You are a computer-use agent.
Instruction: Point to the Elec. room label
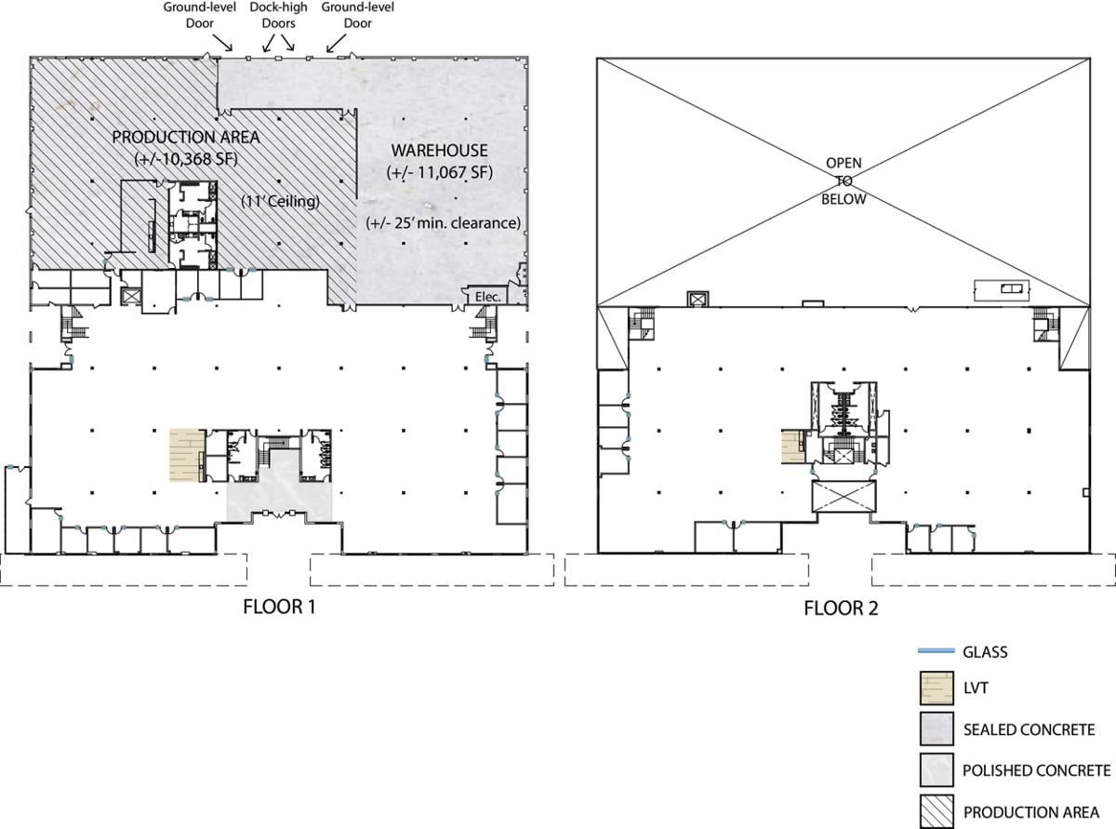pos(487,297)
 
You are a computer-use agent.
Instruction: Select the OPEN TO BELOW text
pos(844,181)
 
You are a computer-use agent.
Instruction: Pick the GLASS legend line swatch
pos(938,651)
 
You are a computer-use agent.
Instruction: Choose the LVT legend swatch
pos(938,690)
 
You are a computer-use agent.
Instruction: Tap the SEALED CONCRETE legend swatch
pos(938,730)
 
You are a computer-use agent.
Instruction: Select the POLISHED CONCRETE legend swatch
pos(938,770)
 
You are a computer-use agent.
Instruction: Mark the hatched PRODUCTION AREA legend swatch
pos(938,809)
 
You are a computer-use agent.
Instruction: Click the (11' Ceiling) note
pos(282,201)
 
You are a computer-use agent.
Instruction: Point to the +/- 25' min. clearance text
pos(441,222)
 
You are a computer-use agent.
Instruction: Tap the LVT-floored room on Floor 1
pos(186,455)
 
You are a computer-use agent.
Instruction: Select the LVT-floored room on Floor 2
pos(793,447)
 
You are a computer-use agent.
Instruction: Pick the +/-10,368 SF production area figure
pos(187,157)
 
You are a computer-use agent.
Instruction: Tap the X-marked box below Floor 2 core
pos(844,496)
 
